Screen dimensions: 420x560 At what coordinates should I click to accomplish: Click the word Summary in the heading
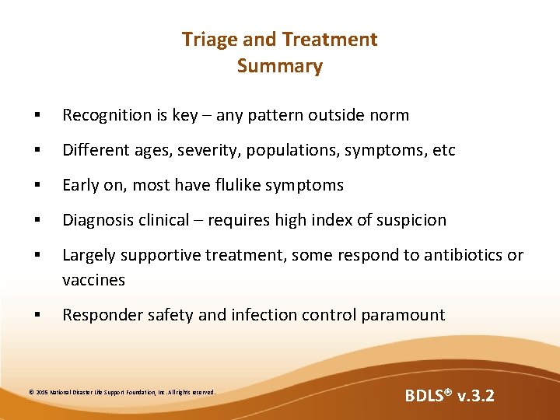(279, 66)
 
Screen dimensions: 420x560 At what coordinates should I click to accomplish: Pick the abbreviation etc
(443, 150)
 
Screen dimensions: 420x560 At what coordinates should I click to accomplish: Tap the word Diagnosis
(97, 220)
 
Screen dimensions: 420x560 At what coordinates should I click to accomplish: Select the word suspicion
(411, 220)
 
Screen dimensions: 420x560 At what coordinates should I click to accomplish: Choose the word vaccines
(93, 280)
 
